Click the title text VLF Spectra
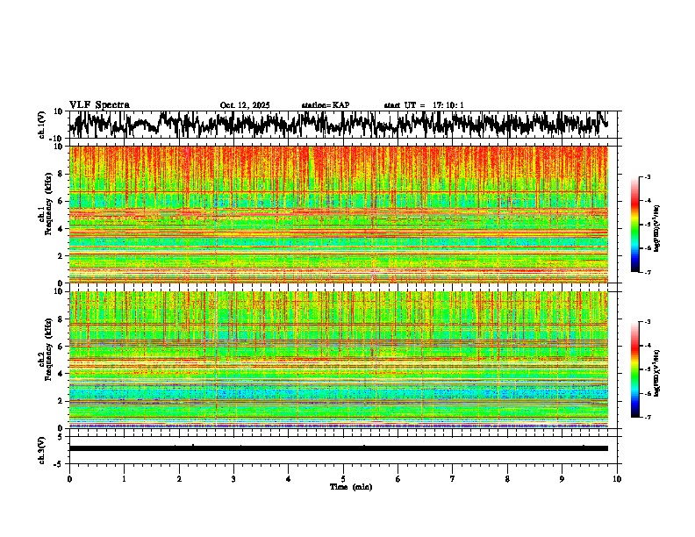pyautogui.click(x=99, y=104)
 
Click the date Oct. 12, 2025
pyautogui.click(x=245, y=105)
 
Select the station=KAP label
pyautogui.click(x=325, y=105)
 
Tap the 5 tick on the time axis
pyautogui.click(x=343, y=479)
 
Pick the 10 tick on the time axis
pyautogui.click(x=617, y=479)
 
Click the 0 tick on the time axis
pyautogui.click(x=69, y=479)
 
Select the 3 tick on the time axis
pyautogui.click(x=233, y=479)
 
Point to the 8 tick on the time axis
pyautogui.click(x=507, y=479)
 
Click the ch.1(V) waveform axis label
pyautogui.click(x=41, y=125)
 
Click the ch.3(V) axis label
pyautogui.click(x=41, y=448)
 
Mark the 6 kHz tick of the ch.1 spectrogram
pyautogui.click(x=61, y=202)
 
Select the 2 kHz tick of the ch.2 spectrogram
pyautogui.click(x=61, y=401)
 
